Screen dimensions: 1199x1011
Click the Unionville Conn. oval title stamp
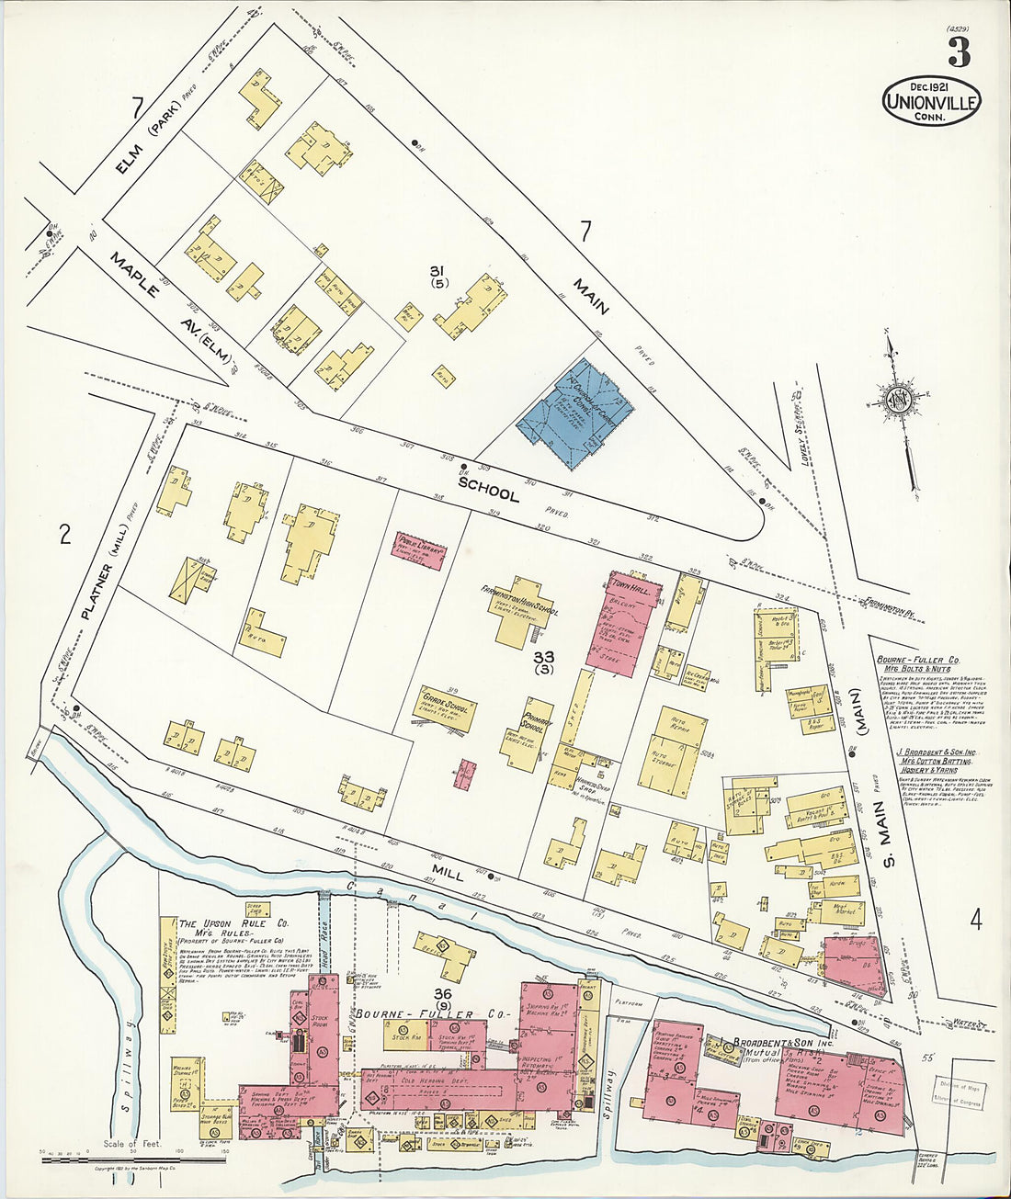point(931,100)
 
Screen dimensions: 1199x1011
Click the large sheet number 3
point(959,53)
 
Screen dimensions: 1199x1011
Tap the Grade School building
point(449,708)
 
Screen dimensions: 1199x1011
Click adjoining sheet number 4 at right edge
point(975,918)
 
